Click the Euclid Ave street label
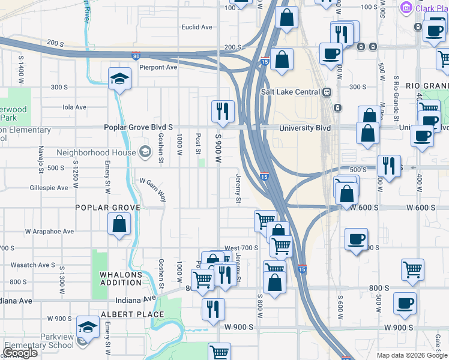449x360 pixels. pos(197,27)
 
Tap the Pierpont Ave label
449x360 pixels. pos(158,67)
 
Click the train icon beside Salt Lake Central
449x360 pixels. pos(327,92)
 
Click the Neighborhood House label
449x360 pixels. pos(96,152)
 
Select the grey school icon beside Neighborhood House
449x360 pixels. pos(144,152)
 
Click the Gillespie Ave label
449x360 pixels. pos(49,188)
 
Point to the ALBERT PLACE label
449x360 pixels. pos(132,314)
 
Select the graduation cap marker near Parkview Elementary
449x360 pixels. pos(88,326)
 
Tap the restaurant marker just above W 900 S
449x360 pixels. pos(213,309)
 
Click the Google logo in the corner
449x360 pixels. pos(20,353)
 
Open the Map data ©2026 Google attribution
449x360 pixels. pos(412,355)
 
